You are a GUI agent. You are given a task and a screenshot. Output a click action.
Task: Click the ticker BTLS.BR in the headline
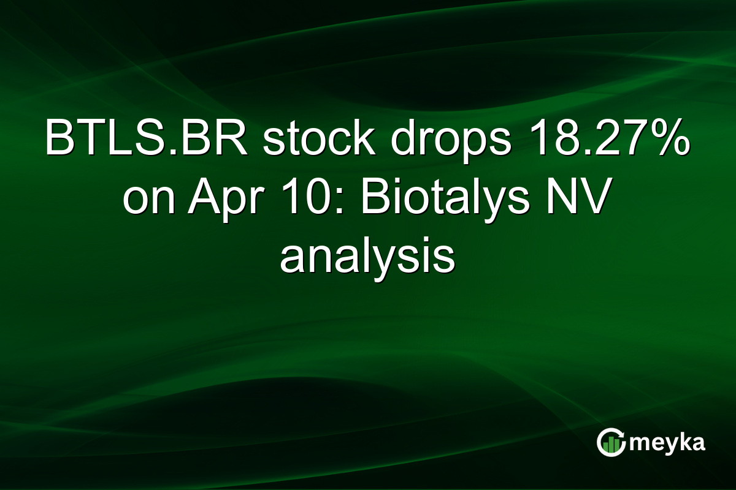point(147,140)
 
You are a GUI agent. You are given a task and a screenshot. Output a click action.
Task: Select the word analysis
point(367,257)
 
